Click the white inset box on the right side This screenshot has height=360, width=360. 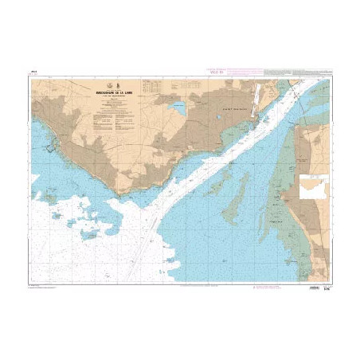point(314,188)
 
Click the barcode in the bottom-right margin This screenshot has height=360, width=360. point(311,277)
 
